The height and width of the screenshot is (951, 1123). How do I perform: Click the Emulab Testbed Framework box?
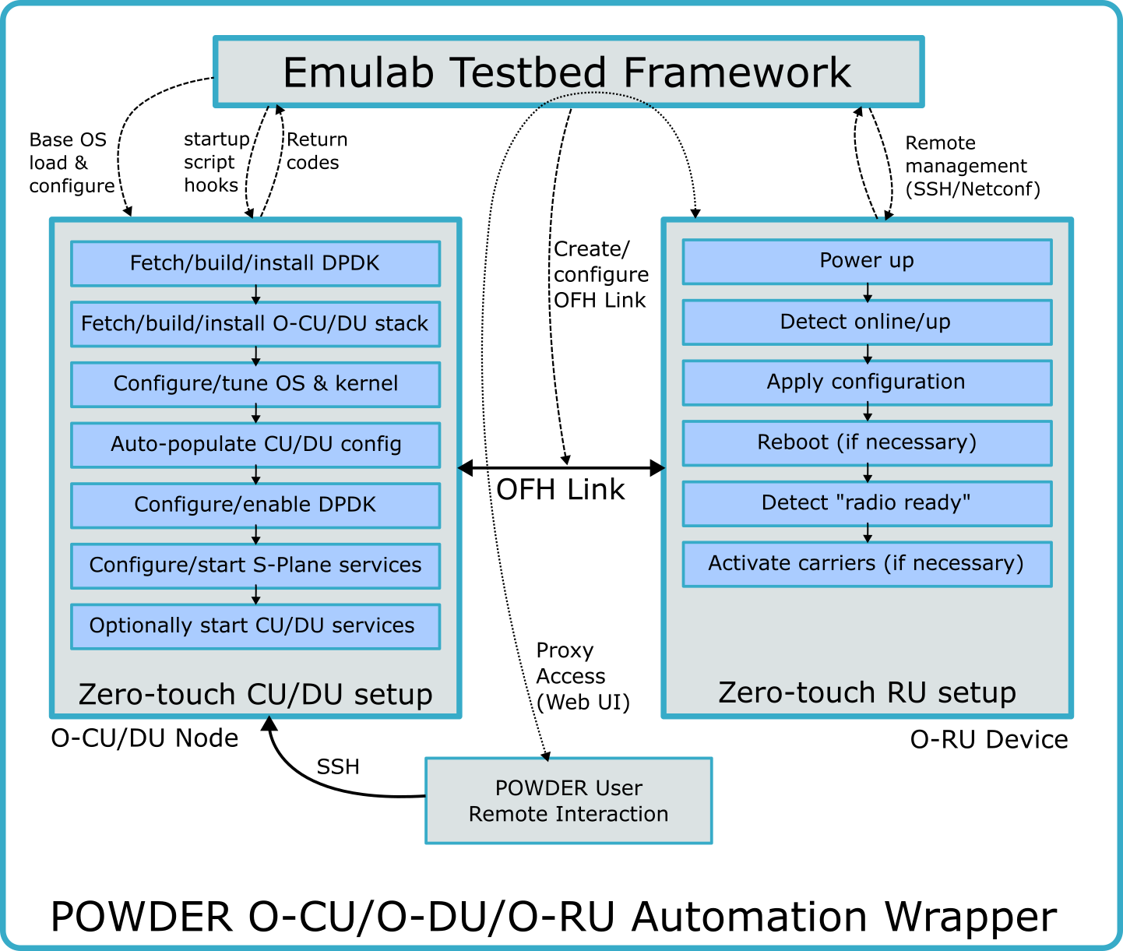569,72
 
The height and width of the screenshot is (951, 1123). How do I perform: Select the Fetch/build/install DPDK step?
255,263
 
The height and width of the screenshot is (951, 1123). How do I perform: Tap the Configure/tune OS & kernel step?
255,384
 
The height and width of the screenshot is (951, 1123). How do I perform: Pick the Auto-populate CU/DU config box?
255,445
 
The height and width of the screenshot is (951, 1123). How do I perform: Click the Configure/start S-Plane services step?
255,565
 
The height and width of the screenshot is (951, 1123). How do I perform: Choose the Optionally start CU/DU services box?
255,626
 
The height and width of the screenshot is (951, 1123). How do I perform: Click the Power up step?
867,262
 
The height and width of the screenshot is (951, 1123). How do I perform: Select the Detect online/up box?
867,322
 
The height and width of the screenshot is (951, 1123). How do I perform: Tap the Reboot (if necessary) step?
867,443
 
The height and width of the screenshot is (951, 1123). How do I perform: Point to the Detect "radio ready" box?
867,503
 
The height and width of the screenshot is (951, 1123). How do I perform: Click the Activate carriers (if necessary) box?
867,564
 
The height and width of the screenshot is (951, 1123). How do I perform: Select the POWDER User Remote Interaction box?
569,801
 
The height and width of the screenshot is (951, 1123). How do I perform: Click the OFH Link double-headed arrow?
561,467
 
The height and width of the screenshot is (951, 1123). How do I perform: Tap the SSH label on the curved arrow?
338,766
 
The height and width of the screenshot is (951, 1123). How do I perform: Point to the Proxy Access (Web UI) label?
583,676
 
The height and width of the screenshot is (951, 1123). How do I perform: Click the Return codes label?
317,151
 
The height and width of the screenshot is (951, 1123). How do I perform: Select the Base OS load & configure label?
72,163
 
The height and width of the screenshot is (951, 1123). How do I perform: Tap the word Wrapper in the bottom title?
971,917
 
